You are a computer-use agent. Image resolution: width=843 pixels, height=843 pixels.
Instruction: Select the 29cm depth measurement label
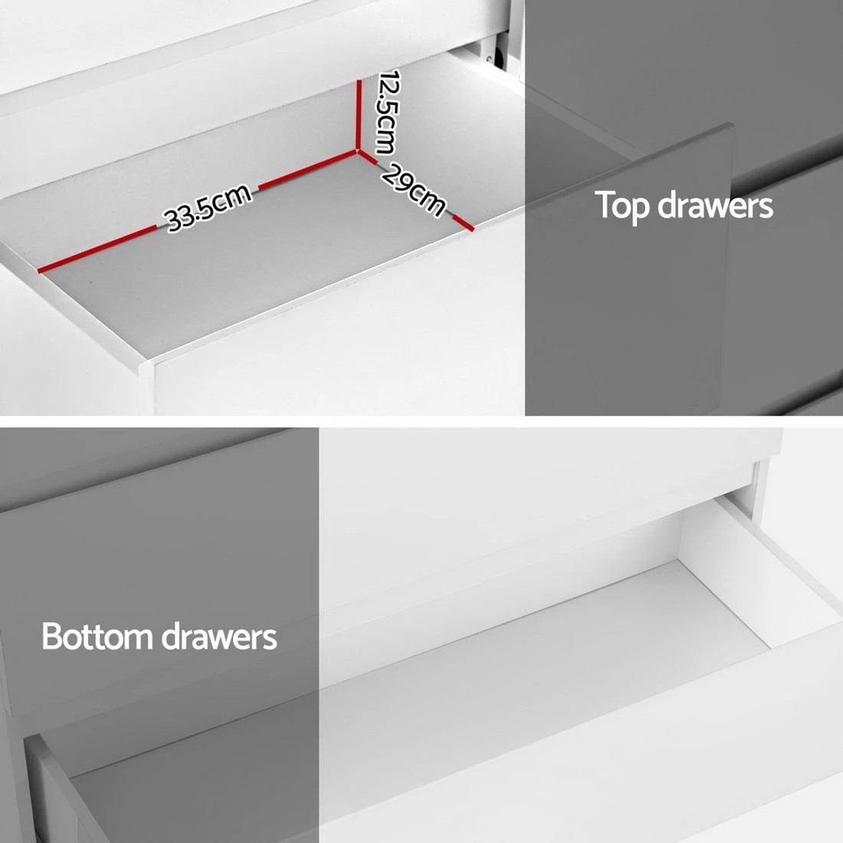pos(412,189)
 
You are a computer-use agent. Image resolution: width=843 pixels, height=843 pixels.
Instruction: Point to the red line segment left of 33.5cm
pos(100,248)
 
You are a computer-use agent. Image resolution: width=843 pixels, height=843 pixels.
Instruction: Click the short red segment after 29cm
pos(462,222)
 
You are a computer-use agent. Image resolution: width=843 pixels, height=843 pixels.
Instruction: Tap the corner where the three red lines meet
pos(358,152)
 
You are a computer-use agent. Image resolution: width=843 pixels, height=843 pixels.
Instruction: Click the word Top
pos(623,205)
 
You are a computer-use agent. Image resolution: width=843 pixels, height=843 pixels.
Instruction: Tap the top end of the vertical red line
pos(359,79)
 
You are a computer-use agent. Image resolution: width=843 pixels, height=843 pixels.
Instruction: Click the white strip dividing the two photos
pos(421,421)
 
